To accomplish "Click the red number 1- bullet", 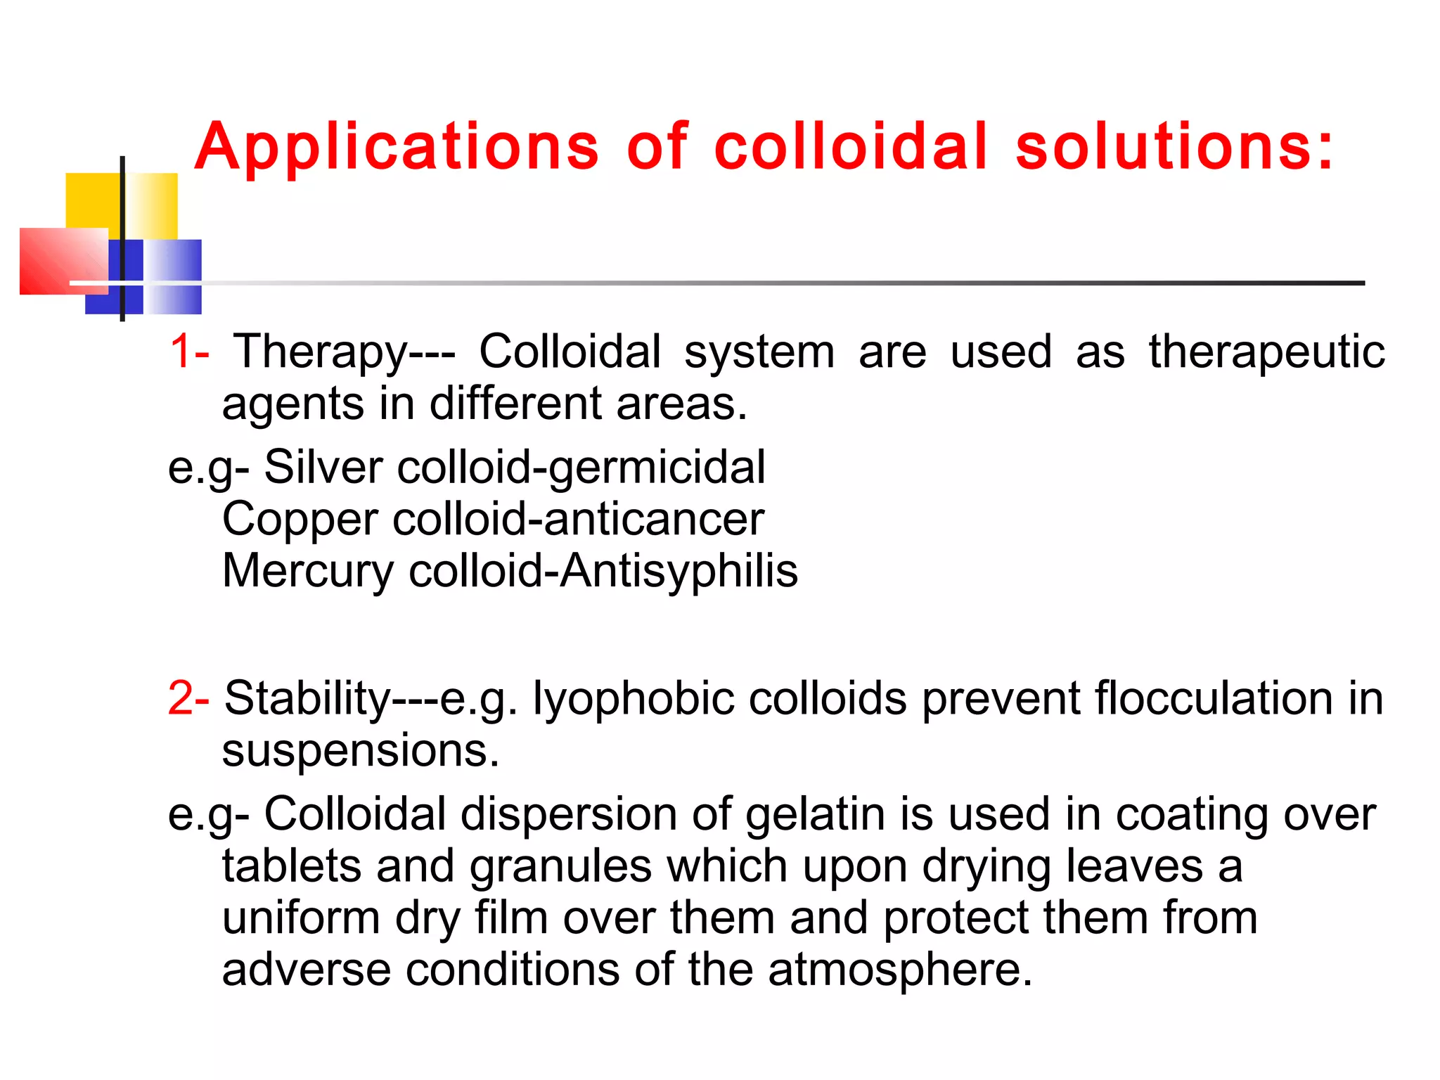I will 189,351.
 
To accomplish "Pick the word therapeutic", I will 1266,352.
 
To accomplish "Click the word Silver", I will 323,467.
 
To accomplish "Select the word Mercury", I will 308,570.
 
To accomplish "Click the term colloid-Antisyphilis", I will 603,570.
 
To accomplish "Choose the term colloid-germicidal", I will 581,467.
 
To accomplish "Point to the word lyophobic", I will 632,700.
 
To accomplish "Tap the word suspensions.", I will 360,750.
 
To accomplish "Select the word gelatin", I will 815,815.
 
